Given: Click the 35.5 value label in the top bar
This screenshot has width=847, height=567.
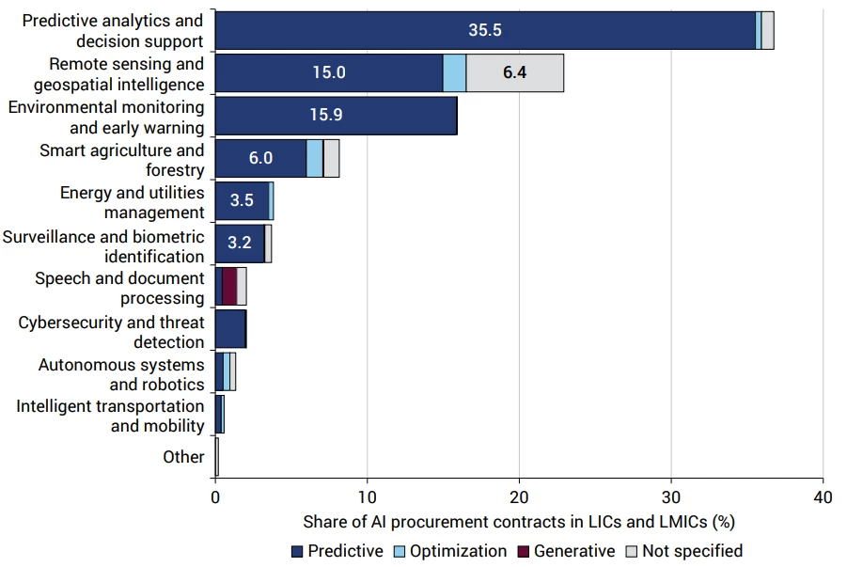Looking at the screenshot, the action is (x=484, y=30).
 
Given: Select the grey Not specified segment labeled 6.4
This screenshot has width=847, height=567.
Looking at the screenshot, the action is (x=515, y=73).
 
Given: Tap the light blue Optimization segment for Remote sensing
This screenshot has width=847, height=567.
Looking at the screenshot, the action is (x=454, y=73).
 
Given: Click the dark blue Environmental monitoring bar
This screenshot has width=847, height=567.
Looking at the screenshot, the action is (x=336, y=116).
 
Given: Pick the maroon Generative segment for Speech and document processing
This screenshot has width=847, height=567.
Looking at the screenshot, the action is (x=229, y=286).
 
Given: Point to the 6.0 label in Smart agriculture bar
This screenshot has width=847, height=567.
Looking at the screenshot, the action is (x=260, y=158).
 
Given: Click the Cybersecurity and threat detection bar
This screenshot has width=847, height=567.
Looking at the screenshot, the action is (x=230, y=328).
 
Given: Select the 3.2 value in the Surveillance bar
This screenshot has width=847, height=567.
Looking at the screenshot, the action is (x=240, y=243).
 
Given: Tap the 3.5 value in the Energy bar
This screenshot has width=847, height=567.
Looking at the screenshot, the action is (x=242, y=200).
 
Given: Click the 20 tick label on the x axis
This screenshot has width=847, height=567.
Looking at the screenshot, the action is (x=519, y=497).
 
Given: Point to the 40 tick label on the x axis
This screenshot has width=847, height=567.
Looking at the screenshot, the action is (x=823, y=497).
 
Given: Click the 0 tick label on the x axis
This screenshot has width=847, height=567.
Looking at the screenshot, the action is (x=215, y=497).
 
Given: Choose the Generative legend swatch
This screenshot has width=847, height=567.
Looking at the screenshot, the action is (x=523, y=551).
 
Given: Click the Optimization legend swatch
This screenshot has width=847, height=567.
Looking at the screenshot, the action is (x=400, y=551).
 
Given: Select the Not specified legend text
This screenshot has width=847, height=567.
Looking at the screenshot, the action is (x=693, y=551).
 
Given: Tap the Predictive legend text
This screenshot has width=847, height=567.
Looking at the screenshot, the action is (x=345, y=551).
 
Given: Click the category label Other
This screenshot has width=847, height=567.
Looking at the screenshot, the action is (x=183, y=457).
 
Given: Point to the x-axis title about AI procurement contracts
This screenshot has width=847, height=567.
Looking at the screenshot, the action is (x=519, y=522).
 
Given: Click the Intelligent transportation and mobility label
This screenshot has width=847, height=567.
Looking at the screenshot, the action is (x=110, y=417).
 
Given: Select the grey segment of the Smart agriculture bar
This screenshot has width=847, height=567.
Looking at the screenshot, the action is (x=332, y=158).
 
